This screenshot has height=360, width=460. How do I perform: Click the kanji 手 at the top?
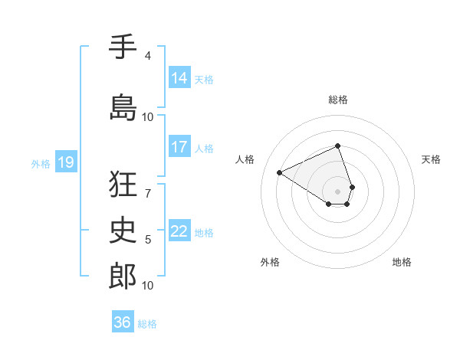pos(123,47)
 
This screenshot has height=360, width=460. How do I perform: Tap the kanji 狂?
pos(123,185)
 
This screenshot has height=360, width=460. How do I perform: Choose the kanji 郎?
pos(123,276)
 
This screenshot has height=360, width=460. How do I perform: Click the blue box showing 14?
pos(179,78)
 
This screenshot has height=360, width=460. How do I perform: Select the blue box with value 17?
pos(179,147)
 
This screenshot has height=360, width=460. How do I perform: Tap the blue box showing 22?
pos(179,231)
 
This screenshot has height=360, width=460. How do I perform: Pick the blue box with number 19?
pos(65,162)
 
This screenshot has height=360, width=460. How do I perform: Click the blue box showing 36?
pos(123,322)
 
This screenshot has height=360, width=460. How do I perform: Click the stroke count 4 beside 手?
pos(148,56)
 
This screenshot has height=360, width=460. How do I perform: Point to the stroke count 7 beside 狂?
pos(148,193)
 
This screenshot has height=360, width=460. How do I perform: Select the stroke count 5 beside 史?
pos(148,240)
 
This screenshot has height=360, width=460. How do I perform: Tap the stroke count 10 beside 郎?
pos(148,286)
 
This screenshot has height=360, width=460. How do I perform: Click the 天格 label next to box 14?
pos(204,79)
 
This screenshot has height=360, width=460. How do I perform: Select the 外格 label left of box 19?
pos(41,163)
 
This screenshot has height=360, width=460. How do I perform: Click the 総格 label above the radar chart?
pos(338,100)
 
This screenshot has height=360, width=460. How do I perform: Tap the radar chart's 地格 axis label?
pos(402,263)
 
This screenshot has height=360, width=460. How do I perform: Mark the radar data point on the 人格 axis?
pos(280,173)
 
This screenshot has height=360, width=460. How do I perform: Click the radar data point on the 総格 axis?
pos(337,146)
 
